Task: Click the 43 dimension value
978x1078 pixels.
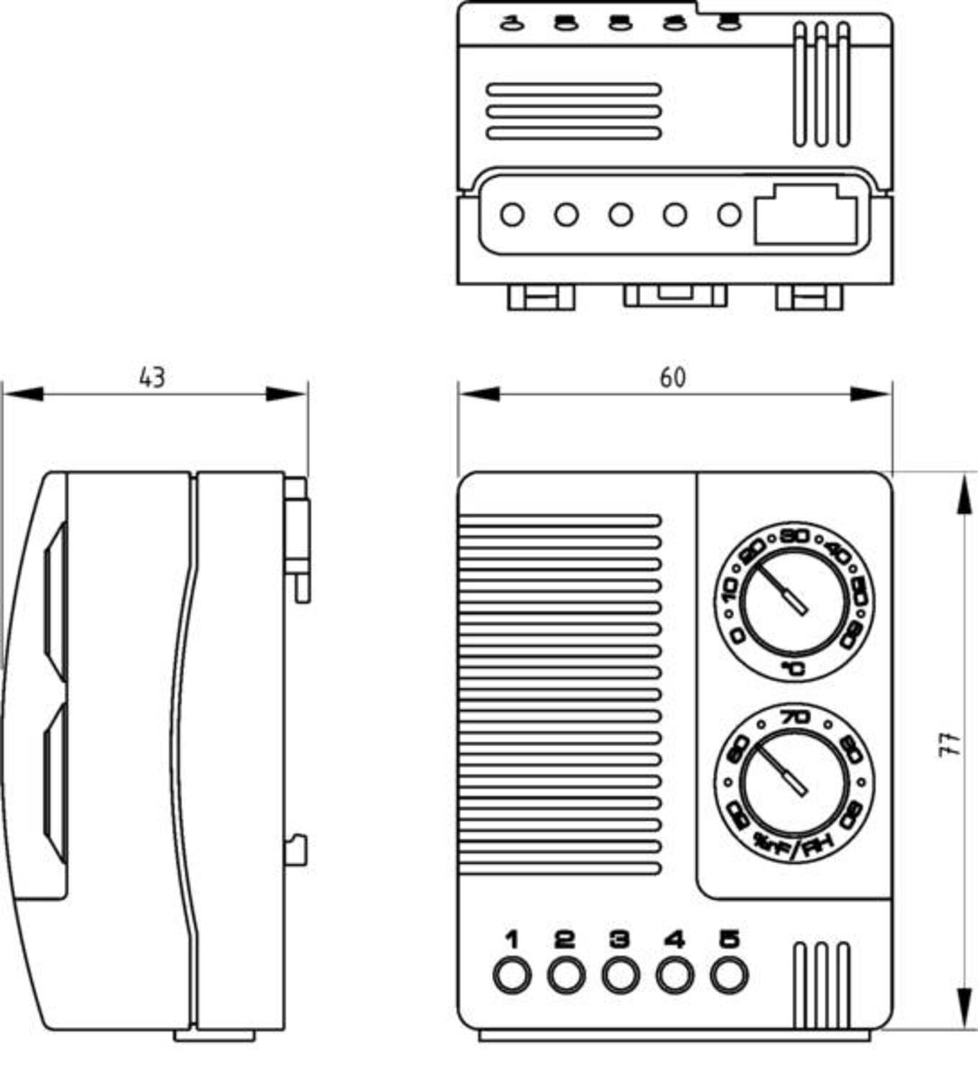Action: [x=152, y=377]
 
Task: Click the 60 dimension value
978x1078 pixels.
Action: [x=673, y=377]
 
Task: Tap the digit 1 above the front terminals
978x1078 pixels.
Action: [x=512, y=939]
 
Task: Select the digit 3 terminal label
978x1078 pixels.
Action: [x=620, y=939]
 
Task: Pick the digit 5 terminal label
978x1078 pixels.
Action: [x=729, y=939]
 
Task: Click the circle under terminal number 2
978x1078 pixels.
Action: [x=566, y=976]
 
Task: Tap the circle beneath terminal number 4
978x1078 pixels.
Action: [x=675, y=976]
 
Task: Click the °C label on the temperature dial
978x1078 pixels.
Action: [x=794, y=669]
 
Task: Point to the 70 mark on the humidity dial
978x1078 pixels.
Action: [x=795, y=717]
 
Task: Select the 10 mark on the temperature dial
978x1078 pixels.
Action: [x=729, y=592]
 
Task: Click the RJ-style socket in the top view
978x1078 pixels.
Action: [x=805, y=215]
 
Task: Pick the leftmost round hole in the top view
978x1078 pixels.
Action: [x=512, y=215]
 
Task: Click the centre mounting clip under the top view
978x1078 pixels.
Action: [x=675, y=295]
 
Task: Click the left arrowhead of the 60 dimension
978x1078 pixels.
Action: [x=476, y=394]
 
